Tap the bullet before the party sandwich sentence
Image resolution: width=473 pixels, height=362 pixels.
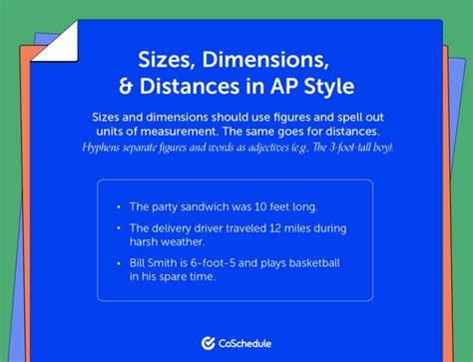point(119,206)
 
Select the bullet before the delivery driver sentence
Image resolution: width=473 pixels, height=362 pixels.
point(119,228)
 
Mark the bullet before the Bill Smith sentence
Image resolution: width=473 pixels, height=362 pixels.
point(119,261)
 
